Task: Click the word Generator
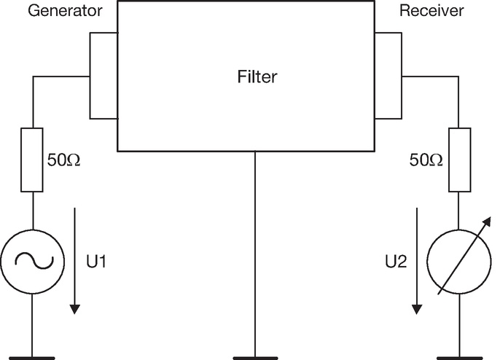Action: tap(65, 10)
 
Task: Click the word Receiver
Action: tap(431, 10)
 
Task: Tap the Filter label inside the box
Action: tap(257, 77)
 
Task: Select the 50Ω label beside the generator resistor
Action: tap(64, 160)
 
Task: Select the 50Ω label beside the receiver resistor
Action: tap(426, 160)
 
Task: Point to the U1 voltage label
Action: tap(96, 261)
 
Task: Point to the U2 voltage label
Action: tap(396, 261)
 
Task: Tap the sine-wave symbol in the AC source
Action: tap(34, 261)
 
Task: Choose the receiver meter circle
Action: tap(427, 262)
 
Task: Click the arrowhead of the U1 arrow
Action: tap(75, 309)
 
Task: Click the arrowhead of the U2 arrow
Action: tap(417, 309)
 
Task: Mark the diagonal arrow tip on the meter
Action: tap(491, 217)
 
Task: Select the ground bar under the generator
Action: tap(32, 358)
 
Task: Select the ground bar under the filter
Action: tap(255, 358)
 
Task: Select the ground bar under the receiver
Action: tap(459, 358)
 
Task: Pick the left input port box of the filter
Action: tap(90, 76)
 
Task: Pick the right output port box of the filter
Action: tap(402, 76)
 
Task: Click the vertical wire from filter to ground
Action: tap(255, 254)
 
